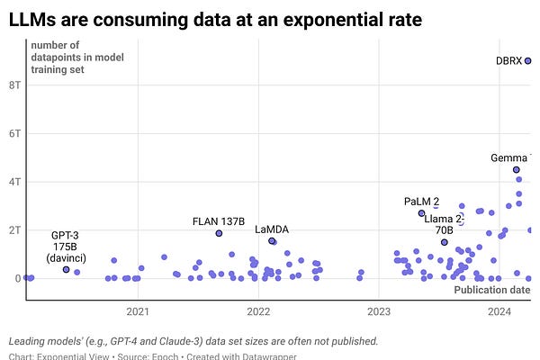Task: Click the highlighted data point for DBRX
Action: click(x=528, y=61)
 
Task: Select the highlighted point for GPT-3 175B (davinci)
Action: click(x=66, y=269)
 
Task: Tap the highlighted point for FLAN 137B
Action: click(x=219, y=233)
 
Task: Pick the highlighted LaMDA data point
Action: click(x=272, y=241)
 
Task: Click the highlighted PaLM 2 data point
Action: click(x=421, y=213)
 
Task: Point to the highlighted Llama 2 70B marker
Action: click(x=444, y=242)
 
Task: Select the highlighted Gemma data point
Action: click(x=517, y=169)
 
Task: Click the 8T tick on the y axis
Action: click(x=14, y=85)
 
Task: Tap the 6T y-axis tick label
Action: click(x=14, y=133)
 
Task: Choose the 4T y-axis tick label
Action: click(x=14, y=182)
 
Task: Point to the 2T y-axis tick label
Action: click(x=14, y=230)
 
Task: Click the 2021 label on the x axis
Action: click(x=138, y=311)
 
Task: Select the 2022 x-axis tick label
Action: click(x=258, y=311)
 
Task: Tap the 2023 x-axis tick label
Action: click(x=379, y=311)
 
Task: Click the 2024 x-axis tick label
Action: click(x=499, y=311)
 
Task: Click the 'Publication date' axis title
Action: click(x=491, y=290)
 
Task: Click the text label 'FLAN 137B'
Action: click(x=219, y=220)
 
